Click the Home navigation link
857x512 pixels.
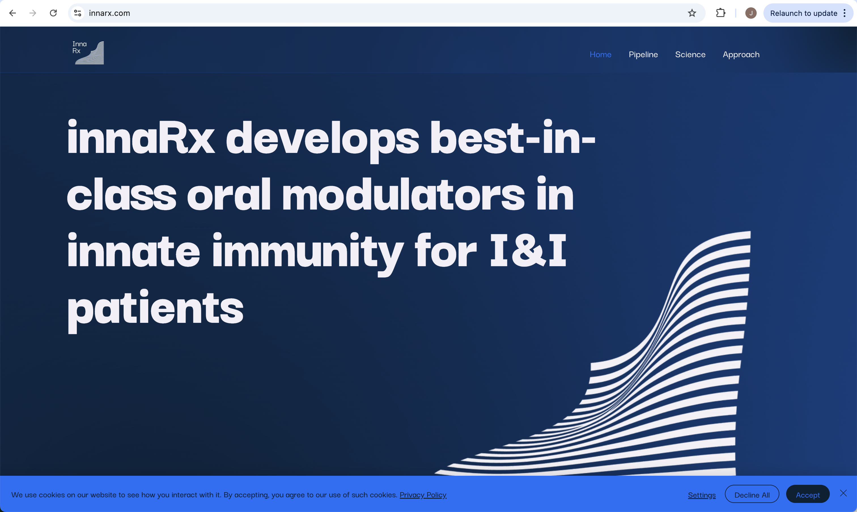tap(600, 54)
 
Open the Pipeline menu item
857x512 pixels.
tap(643, 54)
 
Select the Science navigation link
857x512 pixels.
tap(690, 54)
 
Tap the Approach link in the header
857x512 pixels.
tap(741, 54)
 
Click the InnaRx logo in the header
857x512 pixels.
tap(88, 52)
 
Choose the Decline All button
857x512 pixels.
tap(752, 494)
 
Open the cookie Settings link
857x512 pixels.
tap(702, 495)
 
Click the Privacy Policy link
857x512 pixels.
tap(423, 495)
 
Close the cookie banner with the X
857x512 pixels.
tap(843, 493)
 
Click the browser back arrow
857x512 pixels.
tap(12, 13)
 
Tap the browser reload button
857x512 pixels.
tap(53, 13)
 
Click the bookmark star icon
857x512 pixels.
tap(691, 13)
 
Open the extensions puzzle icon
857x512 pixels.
tap(721, 13)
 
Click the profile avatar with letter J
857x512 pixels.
tap(751, 13)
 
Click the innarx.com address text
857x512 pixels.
tap(109, 13)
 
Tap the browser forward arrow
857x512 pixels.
tap(33, 13)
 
